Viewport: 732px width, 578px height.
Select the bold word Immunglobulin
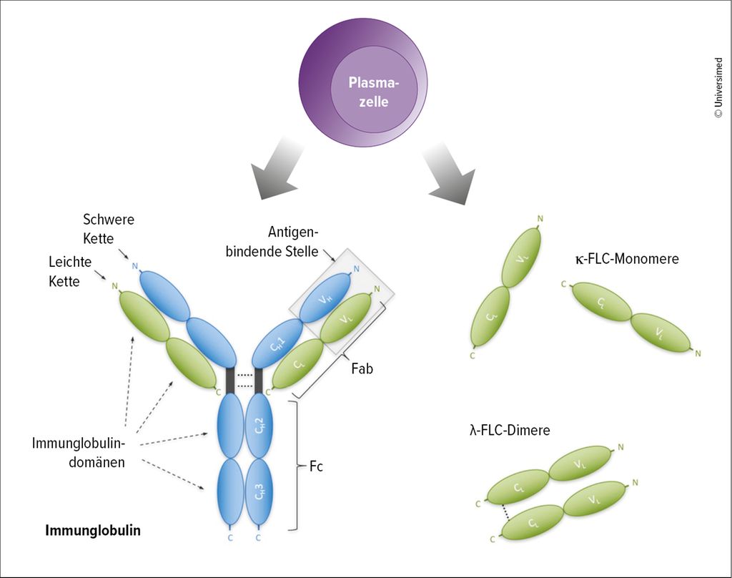tap(93, 531)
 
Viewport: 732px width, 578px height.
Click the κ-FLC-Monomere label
tap(626, 259)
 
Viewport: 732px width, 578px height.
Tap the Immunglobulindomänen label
tap(79, 452)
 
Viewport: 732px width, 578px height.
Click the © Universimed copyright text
tap(719, 88)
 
